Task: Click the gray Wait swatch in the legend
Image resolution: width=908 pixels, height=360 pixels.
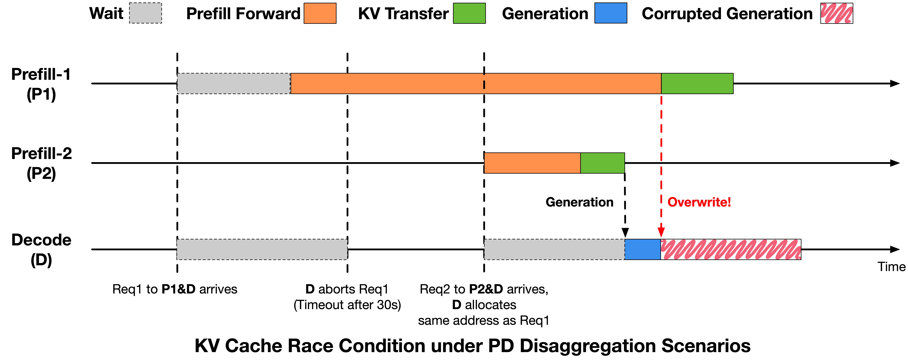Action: [x=145, y=13]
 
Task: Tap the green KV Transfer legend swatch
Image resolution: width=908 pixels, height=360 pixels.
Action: [x=469, y=13]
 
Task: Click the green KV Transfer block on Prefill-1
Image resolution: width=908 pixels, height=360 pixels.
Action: [x=697, y=84]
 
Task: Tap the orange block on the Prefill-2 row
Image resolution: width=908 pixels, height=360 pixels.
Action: [x=532, y=163]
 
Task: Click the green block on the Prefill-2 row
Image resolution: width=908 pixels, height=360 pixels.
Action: [x=602, y=163]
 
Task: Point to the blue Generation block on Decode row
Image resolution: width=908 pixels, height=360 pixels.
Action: [x=643, y=249]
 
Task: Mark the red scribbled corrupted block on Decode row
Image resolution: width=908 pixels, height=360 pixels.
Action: [x=731, y=249]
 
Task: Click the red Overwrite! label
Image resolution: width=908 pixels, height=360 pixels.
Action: [x=699, y=202]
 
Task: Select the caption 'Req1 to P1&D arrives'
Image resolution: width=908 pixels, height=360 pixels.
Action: [x=175, y=289]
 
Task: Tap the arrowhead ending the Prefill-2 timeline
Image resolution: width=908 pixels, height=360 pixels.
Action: [x=895, y=163]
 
